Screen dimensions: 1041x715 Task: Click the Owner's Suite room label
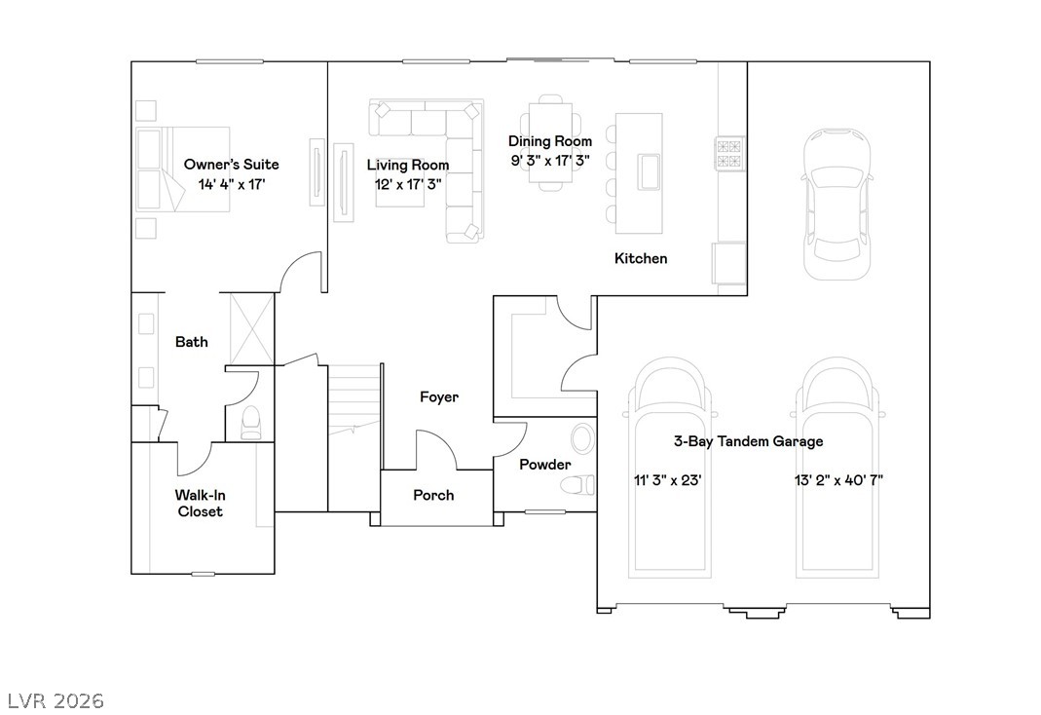231,164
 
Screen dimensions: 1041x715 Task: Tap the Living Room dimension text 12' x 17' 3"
408,184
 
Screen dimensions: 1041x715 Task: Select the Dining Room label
549,140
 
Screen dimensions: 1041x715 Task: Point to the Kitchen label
641,258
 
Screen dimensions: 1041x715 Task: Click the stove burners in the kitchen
728,153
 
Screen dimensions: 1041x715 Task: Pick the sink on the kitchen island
649,171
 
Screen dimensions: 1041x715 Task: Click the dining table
550,142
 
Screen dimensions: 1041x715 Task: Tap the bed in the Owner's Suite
183,169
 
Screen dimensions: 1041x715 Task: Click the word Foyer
439,396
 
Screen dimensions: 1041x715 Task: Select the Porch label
433,495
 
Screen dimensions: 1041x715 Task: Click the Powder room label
545,464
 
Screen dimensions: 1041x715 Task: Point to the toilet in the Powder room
578,485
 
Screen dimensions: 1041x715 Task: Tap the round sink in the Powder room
583,438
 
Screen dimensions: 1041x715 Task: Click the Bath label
191,341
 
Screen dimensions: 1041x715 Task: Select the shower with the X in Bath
251,329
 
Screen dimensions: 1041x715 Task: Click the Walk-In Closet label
200,503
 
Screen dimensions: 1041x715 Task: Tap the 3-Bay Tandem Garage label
748,441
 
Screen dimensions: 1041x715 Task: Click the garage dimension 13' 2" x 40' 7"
838,479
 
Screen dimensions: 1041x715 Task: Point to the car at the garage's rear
837,204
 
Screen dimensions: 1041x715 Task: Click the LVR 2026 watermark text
56,700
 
